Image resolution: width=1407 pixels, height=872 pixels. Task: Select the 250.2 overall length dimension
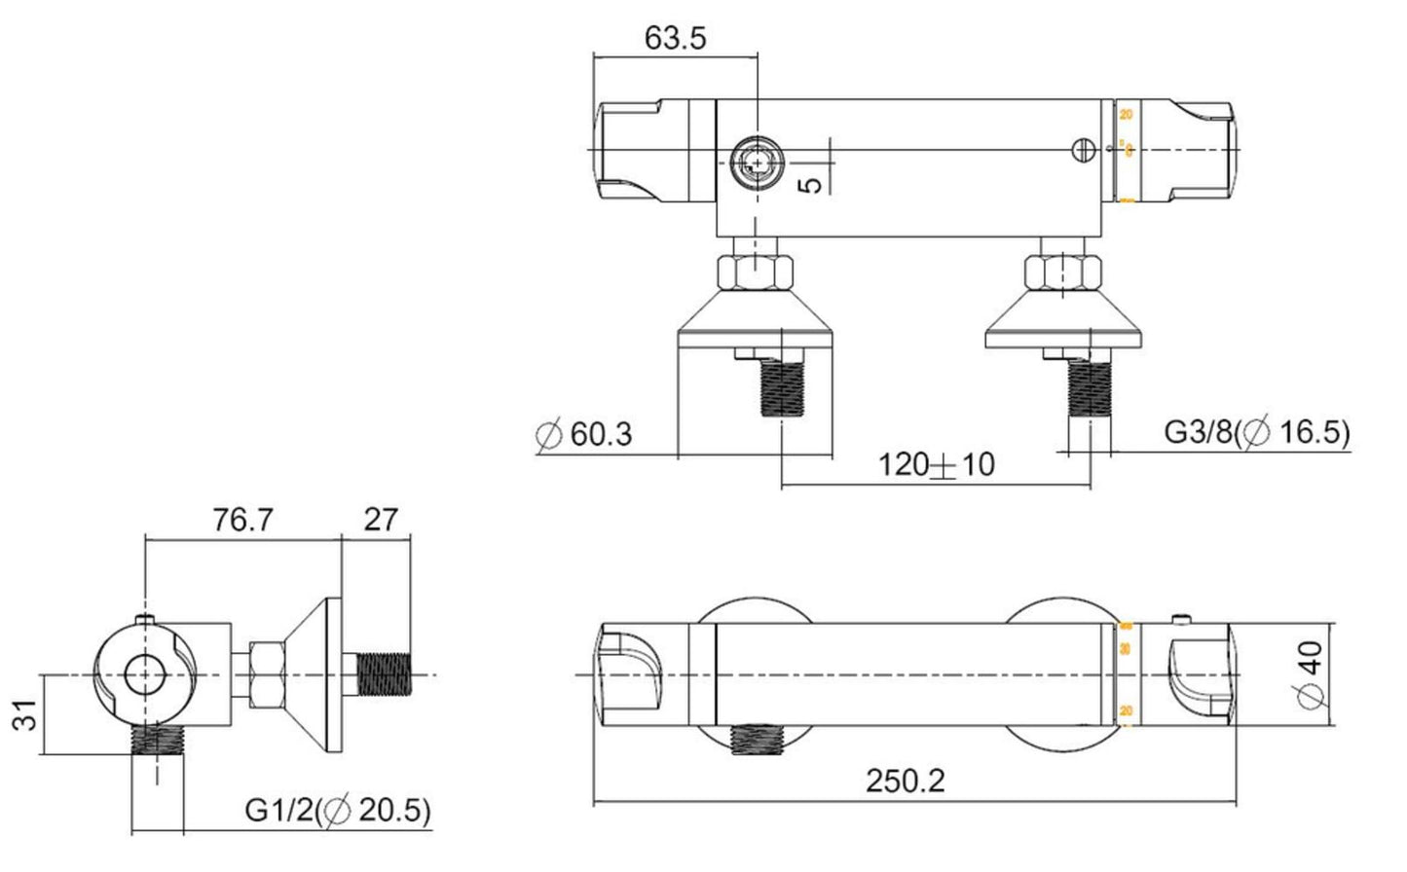coord(905,781)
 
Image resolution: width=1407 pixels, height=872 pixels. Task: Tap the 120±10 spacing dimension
coord(936,464)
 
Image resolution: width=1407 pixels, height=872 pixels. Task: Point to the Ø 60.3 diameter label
coord(584,433)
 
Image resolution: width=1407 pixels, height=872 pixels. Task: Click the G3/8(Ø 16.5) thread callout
coord(1257,433)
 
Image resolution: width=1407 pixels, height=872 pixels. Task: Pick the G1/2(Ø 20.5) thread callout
coord(338,810)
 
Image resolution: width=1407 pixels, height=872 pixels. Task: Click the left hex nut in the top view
coord(756,272)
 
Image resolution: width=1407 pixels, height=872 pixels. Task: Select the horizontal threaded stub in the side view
coord(386,674)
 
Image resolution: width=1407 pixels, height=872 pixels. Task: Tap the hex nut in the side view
coord(264,674)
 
